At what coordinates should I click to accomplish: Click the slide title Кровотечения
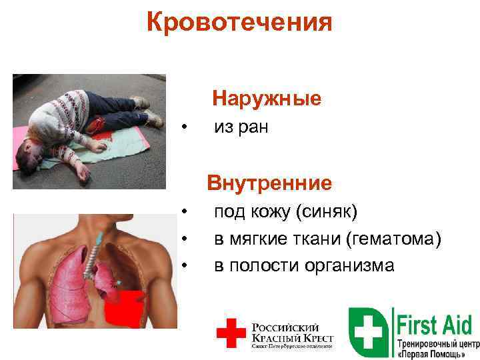[239, 22]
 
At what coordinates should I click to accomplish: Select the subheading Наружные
[267, 99]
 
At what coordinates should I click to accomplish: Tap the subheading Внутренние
[269, 182]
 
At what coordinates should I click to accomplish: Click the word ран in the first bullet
[254, 127]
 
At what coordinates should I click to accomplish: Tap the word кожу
[270, 212]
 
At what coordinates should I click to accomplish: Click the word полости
[257, 265]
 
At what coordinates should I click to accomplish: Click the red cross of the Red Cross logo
[231, 332]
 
